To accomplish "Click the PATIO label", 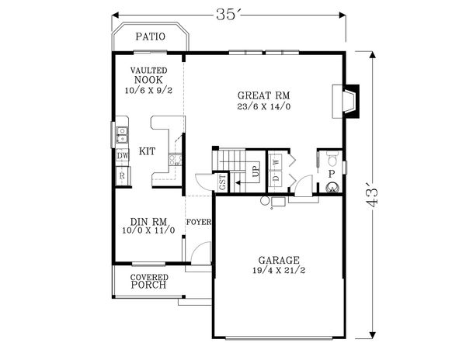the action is pyautogui.click(x=150, y=36).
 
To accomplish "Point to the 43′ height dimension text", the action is pyautogui.click(x=371, y=197).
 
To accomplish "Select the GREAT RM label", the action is pyautogui.click(x=263, y=95).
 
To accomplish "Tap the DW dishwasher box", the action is pyautogui.click(x=123, y=155).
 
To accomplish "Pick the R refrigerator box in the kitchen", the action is pyautogui.click(x=123, y=175).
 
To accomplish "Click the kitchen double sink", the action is pyautogui.click(x=122, y=135).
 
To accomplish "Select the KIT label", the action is pyautogui.click(x=147, y=151).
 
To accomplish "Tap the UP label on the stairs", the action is pyautogui.click(x=256, y=171).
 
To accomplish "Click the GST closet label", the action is pyautogui.click(x=222, y=182).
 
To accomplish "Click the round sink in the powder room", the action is pyautogui.click(x=332, y=188).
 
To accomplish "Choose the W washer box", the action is pyautogui.click(x=276, y=162).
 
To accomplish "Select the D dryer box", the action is pyautogui.click(x=276, y=178).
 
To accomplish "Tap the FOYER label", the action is pyautogui.click(x=199, y=222).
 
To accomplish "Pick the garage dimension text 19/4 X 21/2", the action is pyautogui.click(x=279, y=270).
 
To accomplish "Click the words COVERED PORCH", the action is pyautogui.click(x=149, y=282).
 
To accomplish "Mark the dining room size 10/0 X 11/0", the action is pyautogui.click(x=148, y=230).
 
